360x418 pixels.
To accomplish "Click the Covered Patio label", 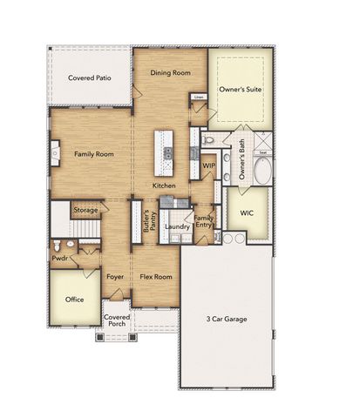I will click(x=91, y=78).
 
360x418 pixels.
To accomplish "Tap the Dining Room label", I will click(x=171, y=73).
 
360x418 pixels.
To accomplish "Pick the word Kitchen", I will click(x=164, y=185).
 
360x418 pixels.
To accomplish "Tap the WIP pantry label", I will click(x=209, y=165).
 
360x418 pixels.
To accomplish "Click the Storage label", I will click(x=85, y=210).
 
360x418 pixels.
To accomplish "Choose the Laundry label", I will click(x=177, y=227).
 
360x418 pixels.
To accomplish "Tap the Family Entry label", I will click(x=203, y=222).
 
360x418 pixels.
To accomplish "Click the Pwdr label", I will click(x=59, y=259).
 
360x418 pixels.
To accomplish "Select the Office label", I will click(x=75, y=299).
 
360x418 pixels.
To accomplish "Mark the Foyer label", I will click(x=115, y=277).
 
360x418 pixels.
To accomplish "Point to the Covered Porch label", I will click(x=116, y=327).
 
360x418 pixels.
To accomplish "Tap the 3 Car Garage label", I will click(x=226, y=319).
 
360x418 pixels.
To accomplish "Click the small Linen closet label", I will click(x=199, y=97).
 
